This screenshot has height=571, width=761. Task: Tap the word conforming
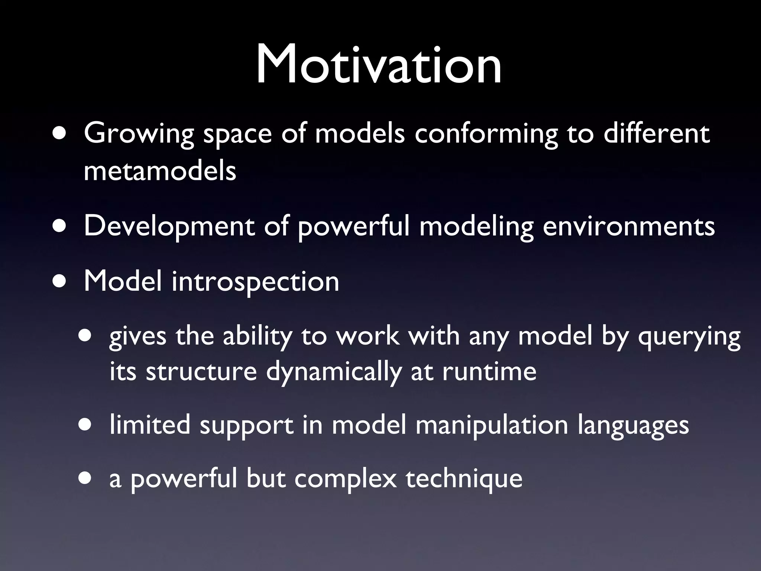(486, 134)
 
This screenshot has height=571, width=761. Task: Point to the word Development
(169, 226)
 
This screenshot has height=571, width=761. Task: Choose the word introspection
(255, 281)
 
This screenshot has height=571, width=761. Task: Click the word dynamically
(333, 372)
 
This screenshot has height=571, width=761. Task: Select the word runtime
(489, 372)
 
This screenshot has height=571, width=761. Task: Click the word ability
(257, 336)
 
